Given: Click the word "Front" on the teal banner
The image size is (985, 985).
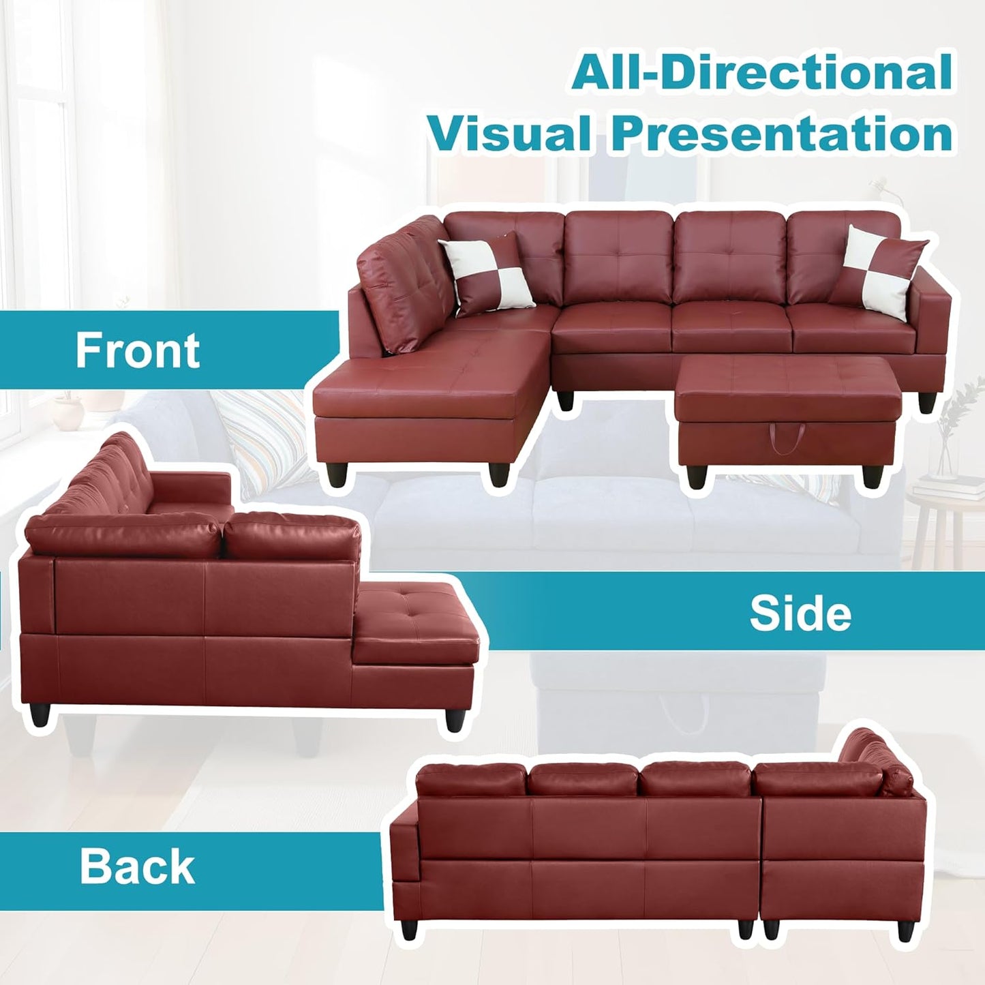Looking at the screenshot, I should point(138,350).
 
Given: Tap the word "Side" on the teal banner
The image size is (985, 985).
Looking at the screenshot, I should point(800,613).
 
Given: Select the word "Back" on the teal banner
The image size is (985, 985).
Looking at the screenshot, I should point(137,867).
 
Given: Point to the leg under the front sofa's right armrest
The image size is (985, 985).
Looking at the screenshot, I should point(926,404).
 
